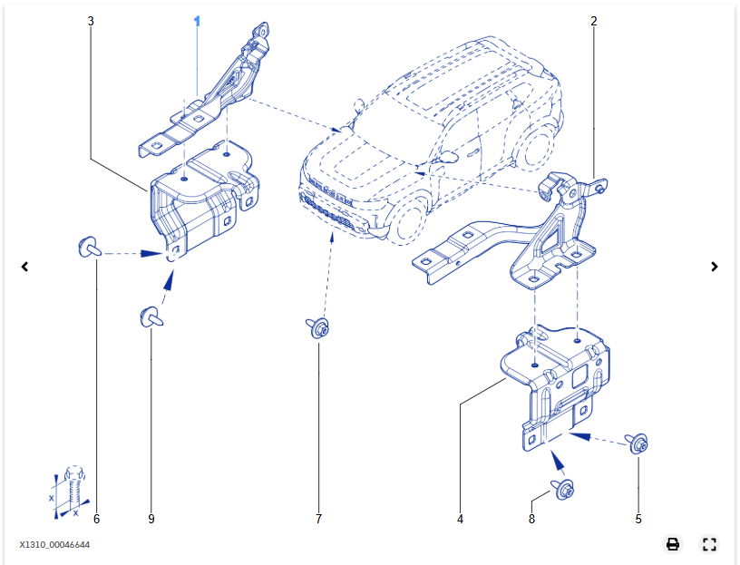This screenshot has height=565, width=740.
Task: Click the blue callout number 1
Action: [x=197, y=20]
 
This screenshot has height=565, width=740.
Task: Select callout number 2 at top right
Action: [x=594, y=20]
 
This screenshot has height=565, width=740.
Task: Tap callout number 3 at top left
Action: [x=91, y=20]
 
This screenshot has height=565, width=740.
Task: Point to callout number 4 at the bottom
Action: [x=460, y=519]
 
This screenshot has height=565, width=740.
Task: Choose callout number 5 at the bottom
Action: [x=638, y=519]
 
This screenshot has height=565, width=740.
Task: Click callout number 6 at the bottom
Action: [x=96, y=519]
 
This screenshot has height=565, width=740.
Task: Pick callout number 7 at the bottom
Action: [x=318, y=519]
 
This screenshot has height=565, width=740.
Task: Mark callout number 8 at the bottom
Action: [x=531, y=519]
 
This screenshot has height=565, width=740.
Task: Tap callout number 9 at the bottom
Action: [x=151, y=519]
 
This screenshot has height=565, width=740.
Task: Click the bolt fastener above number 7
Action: [x=317, y=328]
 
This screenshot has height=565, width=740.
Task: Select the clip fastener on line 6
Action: [x=89, y=246]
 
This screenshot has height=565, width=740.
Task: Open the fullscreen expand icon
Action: [x=709, y=544]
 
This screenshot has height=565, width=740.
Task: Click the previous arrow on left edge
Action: [x=25, y=267]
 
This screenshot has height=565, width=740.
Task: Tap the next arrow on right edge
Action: [x=715, y=267]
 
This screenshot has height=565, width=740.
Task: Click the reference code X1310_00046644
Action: [x=54, y=544]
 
